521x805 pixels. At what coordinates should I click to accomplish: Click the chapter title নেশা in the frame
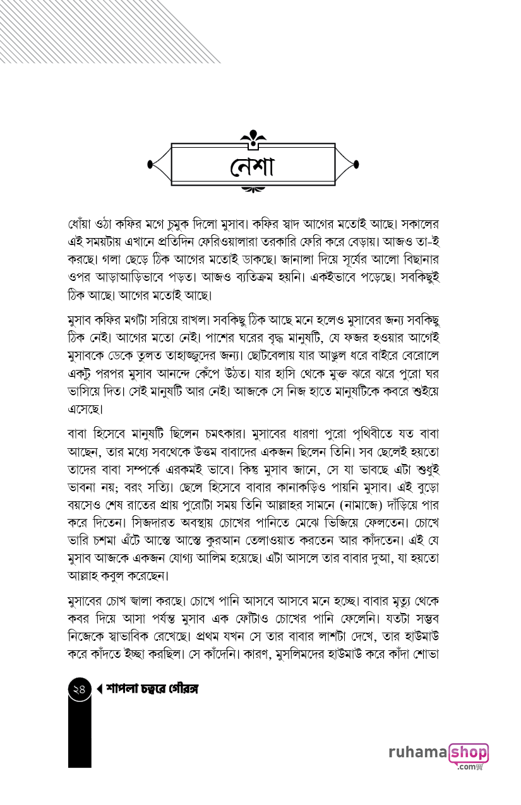253,165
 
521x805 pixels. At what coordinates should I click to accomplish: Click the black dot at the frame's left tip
150,165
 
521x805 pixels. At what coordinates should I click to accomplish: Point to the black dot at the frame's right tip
357,165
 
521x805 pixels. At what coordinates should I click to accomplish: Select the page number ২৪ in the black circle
79,690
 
